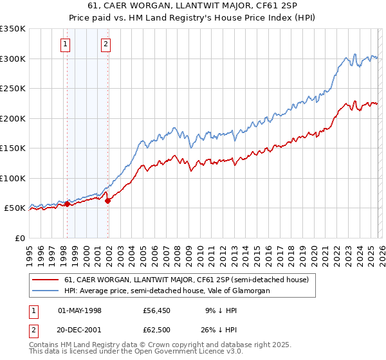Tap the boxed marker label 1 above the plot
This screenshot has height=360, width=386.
(66, 44)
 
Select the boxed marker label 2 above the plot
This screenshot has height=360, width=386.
(106, 44)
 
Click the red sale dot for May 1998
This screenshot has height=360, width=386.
(67, 204)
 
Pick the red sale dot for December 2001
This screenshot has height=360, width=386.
(108, 201)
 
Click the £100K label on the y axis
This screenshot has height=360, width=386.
(13, 178)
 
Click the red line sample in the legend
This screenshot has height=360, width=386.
(46, 280)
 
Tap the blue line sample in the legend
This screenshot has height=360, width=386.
(46, 291)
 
